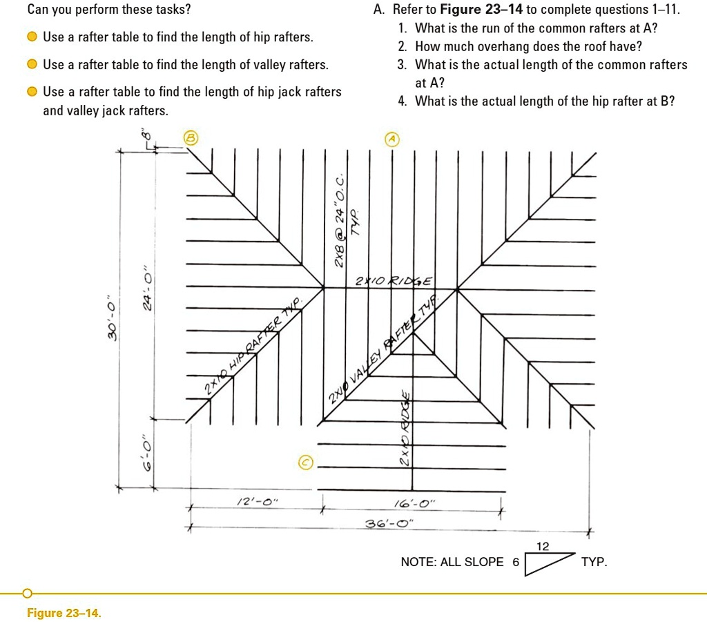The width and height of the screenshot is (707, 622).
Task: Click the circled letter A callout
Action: click(392, 139)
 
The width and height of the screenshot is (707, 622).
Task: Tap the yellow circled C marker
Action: click(306, 463)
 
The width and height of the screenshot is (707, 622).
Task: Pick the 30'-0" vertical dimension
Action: click(111, 321)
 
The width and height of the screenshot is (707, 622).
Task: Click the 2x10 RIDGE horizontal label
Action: click(394, 282)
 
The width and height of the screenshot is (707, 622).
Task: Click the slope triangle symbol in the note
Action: click(550, 563)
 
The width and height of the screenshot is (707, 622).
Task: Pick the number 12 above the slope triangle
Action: click(543, 547)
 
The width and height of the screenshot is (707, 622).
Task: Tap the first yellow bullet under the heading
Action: click(32, 37)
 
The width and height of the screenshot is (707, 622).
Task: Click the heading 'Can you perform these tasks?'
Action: click(109, 10)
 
